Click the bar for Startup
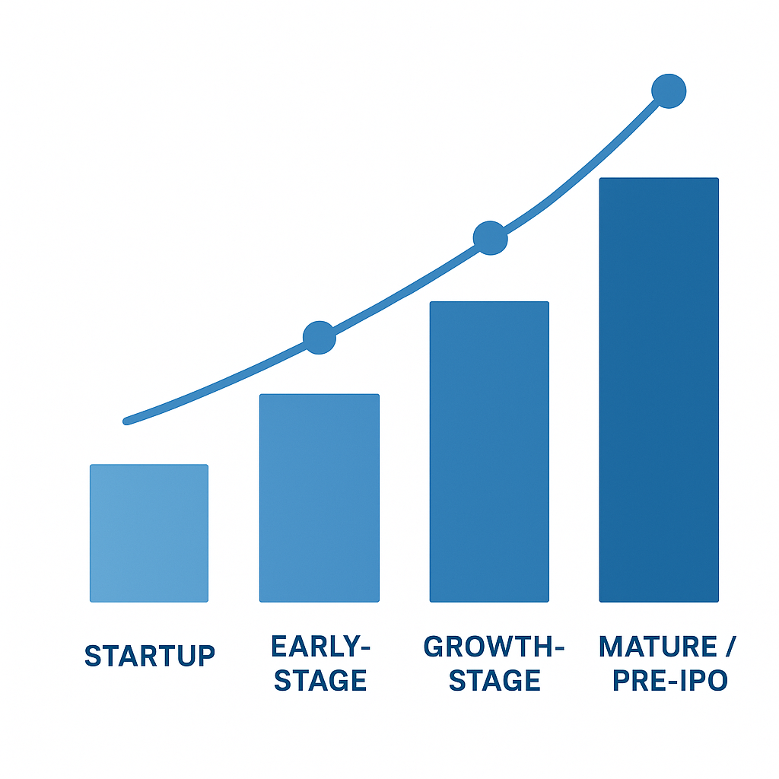pos(149,533)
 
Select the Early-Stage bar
pos(319,498)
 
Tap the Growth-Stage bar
pos(489,452)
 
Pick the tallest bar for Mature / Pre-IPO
pos(659,389)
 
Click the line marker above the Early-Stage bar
pos(320,338)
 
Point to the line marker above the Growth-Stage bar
pos(490,238)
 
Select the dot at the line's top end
pos(669,91)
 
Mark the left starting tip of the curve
pos(127,421)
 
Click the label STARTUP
pos(149,655)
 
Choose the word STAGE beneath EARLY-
pos(320,680)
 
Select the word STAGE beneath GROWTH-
pos(494,680)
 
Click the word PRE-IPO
pos(670,680)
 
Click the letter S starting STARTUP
pos(92,655)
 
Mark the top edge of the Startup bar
pos(149,466)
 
